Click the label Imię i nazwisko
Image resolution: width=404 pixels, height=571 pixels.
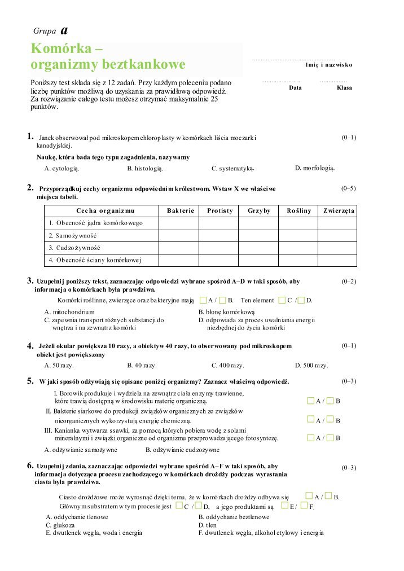(328, 65)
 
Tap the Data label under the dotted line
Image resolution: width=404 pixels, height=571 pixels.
(295, 87)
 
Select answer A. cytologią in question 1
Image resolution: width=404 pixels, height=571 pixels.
(62, 168)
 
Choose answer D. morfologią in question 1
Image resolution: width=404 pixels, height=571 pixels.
(314, 168)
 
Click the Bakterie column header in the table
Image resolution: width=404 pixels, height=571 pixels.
(180, 210)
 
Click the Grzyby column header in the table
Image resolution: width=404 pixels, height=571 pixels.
(259, 210)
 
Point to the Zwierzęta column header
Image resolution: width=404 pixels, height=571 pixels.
(339, 210)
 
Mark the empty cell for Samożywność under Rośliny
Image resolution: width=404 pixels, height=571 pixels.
(298, 235)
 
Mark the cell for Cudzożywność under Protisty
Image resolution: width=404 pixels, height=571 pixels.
(219, 248)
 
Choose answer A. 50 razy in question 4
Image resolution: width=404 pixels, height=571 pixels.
(59, 365)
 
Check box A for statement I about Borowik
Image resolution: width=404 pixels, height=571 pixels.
(311, 401)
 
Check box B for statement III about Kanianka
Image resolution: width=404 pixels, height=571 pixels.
(330, 438)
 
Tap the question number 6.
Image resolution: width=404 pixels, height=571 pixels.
(30, 465)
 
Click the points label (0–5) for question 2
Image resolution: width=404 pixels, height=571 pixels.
(349, 188)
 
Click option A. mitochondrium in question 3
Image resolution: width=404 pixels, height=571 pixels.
(69, 311)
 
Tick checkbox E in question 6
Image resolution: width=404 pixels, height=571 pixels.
(285, 506)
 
